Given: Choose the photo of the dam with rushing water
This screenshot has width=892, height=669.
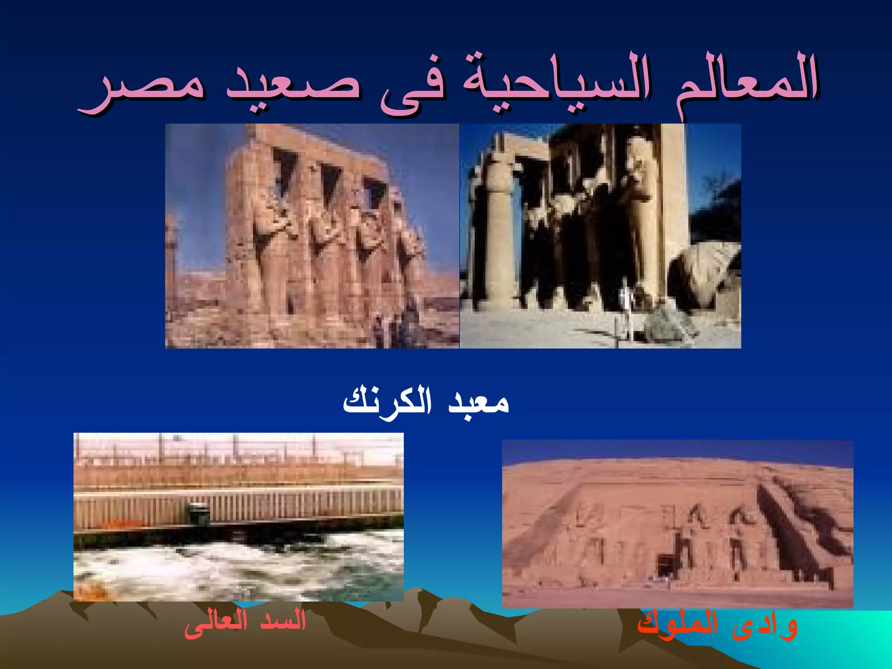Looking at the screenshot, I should [x=238, y=517].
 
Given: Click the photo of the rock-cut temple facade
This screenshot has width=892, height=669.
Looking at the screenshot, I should [x=677, y=524].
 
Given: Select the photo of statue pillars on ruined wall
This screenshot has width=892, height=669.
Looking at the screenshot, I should [x=312, y=236].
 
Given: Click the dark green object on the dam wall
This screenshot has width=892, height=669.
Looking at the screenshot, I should [x=200, y=514].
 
